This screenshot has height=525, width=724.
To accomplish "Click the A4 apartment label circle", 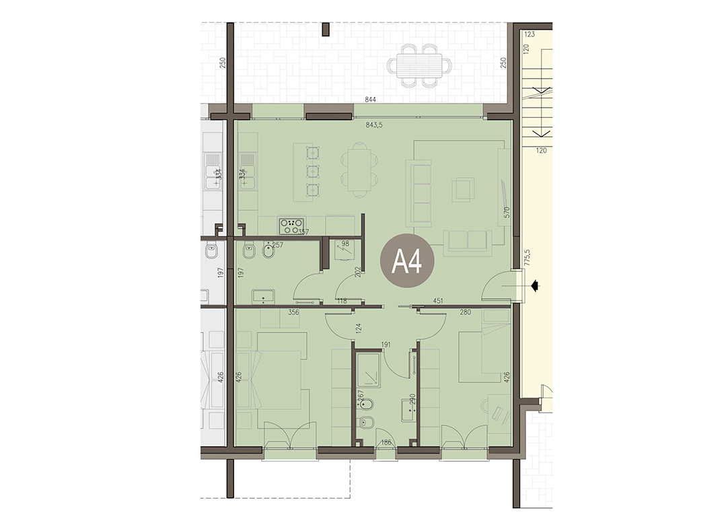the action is coord(407,261).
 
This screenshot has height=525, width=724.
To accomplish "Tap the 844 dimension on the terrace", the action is coord(370,99).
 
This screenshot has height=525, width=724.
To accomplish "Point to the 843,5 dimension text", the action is coord(374,125).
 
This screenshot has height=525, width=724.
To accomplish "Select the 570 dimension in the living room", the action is coord(507,213).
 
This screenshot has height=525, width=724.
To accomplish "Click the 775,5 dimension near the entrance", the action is coord(528,258).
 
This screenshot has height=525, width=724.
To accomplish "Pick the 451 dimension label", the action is coord(438,301).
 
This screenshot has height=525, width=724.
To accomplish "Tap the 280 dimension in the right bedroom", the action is coord(465,312).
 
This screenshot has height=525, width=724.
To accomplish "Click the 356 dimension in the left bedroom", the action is coord(293,312).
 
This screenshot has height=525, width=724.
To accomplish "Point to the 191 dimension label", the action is coord(386,345).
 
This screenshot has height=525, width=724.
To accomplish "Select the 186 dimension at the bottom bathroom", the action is coord(386,442).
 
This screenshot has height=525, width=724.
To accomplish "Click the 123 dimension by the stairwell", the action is coord(530,34).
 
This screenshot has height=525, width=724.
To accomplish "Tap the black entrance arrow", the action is coord(535,286).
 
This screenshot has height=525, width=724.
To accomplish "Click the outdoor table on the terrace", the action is coord(419,65).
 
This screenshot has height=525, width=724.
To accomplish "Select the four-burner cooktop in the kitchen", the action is coord(291,225).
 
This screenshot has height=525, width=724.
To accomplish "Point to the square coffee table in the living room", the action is coord(463,189).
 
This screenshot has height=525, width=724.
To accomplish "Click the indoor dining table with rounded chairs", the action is coord(360,170).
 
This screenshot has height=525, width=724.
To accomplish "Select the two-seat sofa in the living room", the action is coord(466,242).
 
